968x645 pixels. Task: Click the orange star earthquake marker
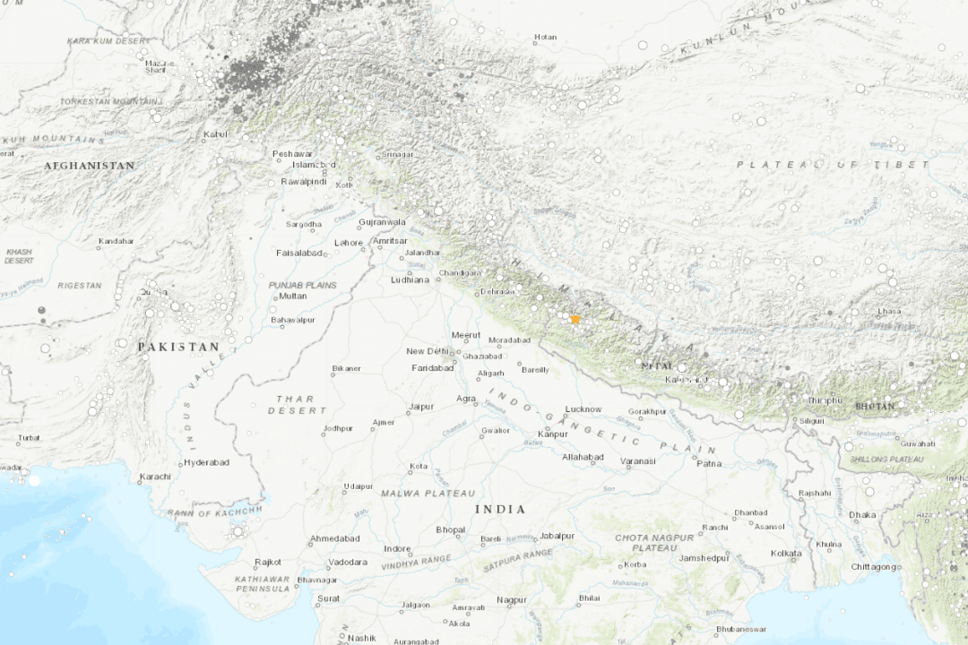tap(575, 319)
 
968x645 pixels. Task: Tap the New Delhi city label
tap(427, 351)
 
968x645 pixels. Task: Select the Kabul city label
tap(215, 135)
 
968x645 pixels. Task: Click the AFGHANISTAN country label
tap(90, 166)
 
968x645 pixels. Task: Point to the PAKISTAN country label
tap(178, 347)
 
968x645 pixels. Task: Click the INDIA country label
tap(499, 509)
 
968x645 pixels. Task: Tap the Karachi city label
tap(154, 477)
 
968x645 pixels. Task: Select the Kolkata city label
tap(785, 554)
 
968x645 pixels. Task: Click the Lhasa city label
tap(889, 311)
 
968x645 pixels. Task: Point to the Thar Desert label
tap(295, 404)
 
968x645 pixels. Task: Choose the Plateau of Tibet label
tap(833, 165)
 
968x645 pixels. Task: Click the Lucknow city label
tap(583, 409)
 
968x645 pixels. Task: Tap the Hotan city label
tap(545, 38)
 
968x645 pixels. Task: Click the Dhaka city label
tap(862, 515)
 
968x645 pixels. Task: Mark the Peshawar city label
tap(291, 153)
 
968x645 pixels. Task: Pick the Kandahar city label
tap(116, 241)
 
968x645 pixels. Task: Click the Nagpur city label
tap(512, 599)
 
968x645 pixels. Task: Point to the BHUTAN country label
tap(874, 406)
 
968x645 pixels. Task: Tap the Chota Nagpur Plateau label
tap(654, 542)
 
